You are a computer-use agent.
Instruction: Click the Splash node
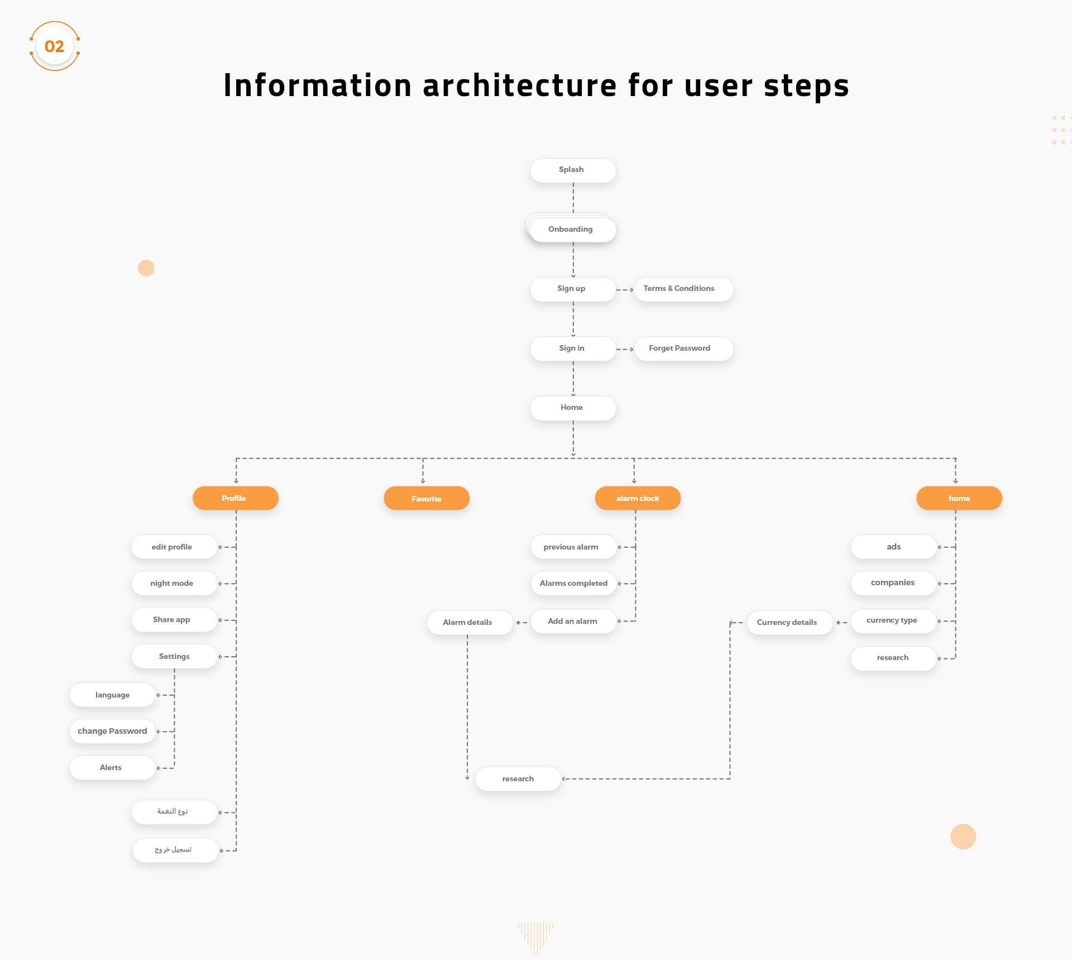tap(573, 170)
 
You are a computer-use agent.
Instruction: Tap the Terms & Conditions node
tap(683, 289)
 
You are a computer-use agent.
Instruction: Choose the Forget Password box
tap(683, 348)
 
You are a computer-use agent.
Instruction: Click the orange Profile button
tap(235, 498)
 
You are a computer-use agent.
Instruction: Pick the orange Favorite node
tap(427, 498)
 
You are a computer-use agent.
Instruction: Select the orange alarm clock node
tap(638, 498)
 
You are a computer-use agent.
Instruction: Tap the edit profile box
tap(174, 547)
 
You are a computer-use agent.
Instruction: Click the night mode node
tap(174, 583)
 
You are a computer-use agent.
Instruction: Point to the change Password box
tap(112, 731)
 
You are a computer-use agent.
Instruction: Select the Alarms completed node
tap(573, 583)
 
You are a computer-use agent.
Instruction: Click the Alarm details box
tap(470, 622)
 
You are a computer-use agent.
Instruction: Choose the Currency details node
tap(789, 622)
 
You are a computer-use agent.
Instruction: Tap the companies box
tap(893, 583)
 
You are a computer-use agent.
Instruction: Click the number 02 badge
tap(55, 46)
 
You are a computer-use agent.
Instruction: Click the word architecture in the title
tap(520, 85)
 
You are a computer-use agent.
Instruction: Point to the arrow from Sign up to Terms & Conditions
tap(625, 290)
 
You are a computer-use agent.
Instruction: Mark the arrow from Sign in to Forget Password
tap(625, 350)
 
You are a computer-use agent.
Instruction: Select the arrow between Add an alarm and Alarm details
tap(522, 623)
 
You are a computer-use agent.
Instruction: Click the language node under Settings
tap(112, 695)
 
